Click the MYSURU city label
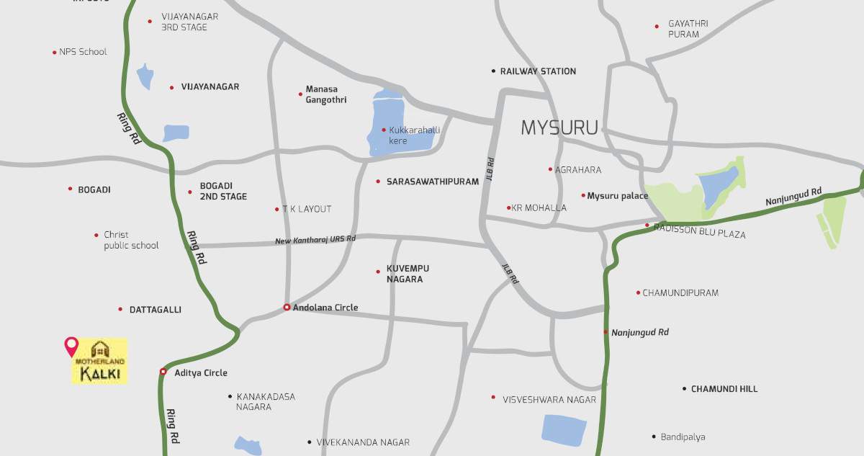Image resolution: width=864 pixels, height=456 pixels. [x=559, y=128]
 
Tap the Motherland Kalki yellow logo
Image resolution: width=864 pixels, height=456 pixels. [x=99, y=361]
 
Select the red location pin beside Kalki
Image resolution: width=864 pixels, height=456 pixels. [x=71, y=346]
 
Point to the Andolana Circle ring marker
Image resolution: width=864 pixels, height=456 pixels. [x=287, y=308]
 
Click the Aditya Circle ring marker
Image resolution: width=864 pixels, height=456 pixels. [x=163, y=372]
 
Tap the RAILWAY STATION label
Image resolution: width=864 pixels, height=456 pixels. [x=538, y=71]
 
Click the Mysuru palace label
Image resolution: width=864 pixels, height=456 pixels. [x=617, y=195]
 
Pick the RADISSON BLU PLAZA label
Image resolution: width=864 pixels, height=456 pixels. [x=700, y=234]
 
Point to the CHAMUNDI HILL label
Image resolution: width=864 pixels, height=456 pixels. [x=724, y=389]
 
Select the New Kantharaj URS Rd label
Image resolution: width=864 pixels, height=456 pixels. [x=315, y=239]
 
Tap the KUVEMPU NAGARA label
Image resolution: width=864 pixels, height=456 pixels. [x=408, y=274]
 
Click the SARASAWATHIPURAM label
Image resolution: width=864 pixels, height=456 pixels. [x=432, y=182]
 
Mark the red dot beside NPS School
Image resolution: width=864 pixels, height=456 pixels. [x=54, y=53]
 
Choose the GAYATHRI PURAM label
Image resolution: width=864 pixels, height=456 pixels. [x=688, y=29]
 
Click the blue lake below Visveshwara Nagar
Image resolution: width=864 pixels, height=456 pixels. [x=563, y=430]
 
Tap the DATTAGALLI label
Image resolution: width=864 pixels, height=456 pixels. [x=155, y=310]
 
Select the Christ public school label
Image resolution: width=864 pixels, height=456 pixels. [x=131, y=240]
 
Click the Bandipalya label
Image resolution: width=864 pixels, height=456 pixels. [x=683, y=437]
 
